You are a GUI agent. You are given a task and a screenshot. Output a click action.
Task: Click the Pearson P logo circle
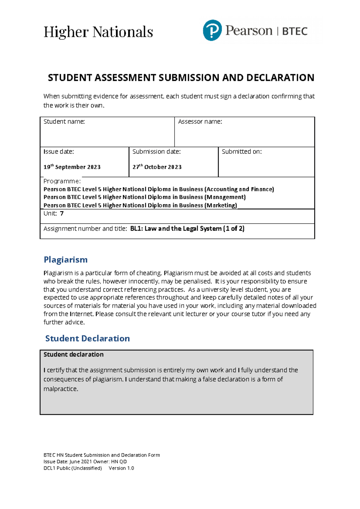(x=212, y=30)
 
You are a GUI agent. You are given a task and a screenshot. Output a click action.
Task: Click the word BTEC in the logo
(x=295, y=31)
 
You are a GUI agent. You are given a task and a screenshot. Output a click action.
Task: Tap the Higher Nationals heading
(x=98, y=32)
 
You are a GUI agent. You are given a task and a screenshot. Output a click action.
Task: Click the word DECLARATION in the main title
(x=280, y=78)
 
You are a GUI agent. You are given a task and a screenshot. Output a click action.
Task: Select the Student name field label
(x=64, y=121)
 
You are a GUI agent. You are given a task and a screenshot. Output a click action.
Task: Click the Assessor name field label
(x=200, y=121)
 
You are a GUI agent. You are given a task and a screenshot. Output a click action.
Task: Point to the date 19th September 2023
(x=72, y=167)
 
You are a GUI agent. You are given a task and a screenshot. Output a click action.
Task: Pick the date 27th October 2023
(x=157, y=167)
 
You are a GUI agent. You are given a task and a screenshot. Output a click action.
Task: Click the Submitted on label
(x=241, y=152)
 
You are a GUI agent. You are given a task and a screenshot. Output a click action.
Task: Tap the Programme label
(x=62, y=181)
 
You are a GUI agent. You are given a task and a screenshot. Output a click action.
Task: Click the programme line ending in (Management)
(x=145, y=197)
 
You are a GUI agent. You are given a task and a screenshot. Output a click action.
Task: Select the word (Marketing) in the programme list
(x=221, y=205)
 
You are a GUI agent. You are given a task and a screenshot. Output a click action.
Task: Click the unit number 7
(x=62, y=213)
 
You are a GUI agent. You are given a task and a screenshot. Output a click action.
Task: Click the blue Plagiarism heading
(x=66, y=260)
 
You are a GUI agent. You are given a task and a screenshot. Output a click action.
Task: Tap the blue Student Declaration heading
(x=87, y=338)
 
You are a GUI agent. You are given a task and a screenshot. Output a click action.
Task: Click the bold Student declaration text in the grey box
(x=73, y=354)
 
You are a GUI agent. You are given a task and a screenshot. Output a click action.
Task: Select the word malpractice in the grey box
(x=61, y=389)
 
